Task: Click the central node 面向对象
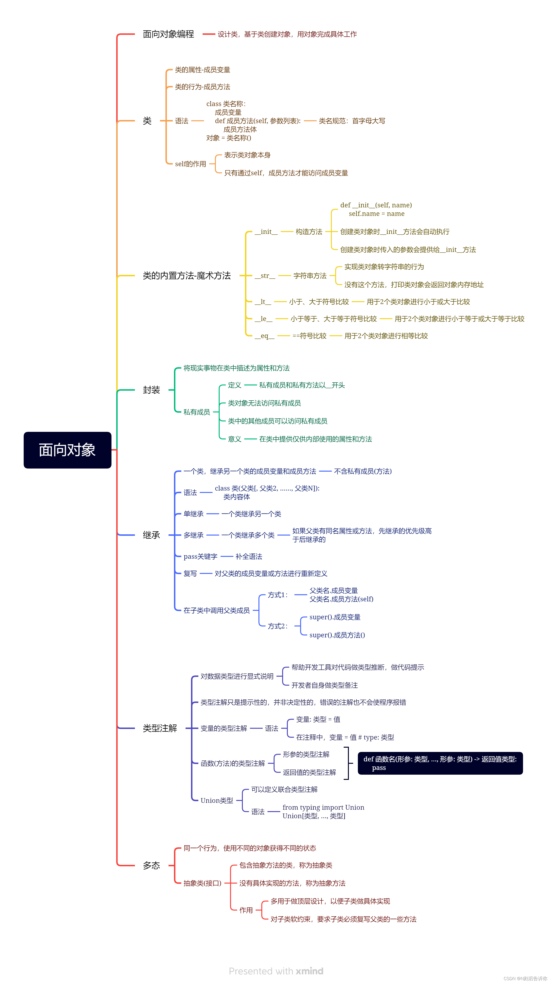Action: click(67, 450)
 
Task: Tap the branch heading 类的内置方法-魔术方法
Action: click(187, 276)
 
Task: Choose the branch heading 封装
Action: click(151, 390)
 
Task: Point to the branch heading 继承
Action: click(151, 535)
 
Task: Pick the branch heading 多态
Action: click(151, 866)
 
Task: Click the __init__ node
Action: click(266, 232)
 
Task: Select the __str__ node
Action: click(265, 276)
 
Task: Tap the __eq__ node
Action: click(264, 336)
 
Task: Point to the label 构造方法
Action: click(309, 232)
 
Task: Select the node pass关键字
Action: click(200, 556)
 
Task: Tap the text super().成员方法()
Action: click(337, 635)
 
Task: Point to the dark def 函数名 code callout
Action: click(440, 763)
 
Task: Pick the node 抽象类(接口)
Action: click(202, 883)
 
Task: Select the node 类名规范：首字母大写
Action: click(352, 121)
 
